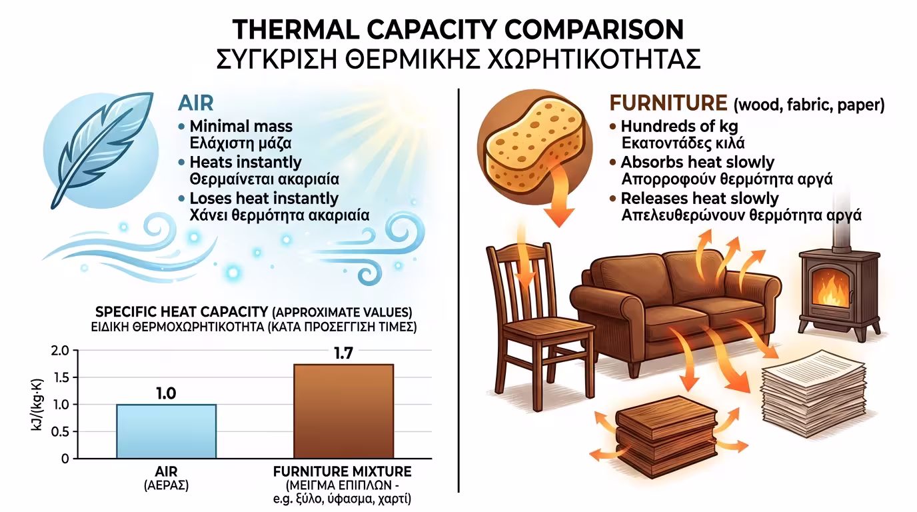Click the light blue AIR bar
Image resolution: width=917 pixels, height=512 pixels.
coord(166,431)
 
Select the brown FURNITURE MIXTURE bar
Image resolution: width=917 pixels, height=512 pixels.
coord(343,411)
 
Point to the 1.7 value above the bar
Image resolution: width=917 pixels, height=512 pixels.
coord(343,353)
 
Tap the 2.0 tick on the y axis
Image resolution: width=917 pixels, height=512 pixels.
coord(60,351)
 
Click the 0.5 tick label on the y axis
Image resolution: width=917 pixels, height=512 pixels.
coord(60,432)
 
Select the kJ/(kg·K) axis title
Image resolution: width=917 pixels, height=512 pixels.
coord(37,405)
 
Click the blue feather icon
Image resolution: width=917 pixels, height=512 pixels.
coord(101,149)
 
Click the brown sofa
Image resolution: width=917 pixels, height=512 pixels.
coord(676,307)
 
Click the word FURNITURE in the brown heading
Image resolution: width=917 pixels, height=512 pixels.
coord(668,103)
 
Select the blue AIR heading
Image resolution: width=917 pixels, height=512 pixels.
coord(196,103)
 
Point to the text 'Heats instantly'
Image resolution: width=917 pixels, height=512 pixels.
coord(246,162)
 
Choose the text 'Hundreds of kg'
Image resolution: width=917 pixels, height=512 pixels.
coord(679,126)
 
